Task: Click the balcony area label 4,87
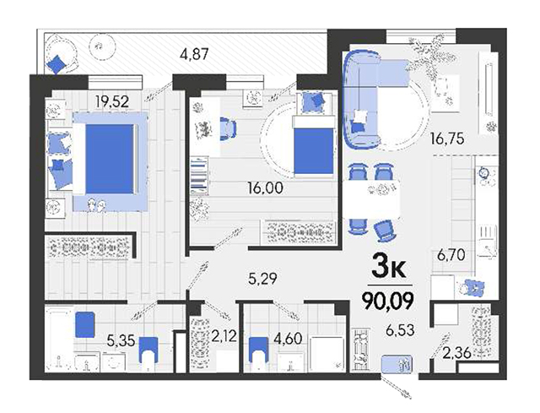pos(195,54)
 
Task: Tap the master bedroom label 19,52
pos(112,101)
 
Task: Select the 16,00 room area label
pos(266,187)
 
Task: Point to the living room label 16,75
pos(447,139)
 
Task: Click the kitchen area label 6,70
pos(451,255)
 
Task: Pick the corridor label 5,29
pos(262,279)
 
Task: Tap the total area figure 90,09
pos(387,301)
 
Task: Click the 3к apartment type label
pos(388,269)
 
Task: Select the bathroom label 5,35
pos(121,340)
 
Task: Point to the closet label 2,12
pos(224,336)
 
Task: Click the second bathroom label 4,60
pos(288,338)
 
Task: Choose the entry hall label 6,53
pos(400,330)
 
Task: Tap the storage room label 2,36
pos(456,353)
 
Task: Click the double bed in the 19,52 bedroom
pos(111,161)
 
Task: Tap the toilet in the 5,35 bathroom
pos(148,350)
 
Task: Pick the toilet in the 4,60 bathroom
pos(258,350)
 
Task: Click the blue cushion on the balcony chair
pos(56,64)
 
